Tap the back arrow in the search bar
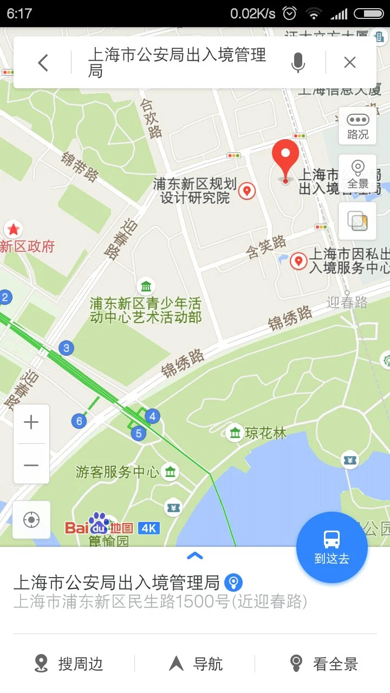[x=43, y=63]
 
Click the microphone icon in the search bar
[x=297, y=63]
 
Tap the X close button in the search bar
[x=350, y=63]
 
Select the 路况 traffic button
[x=357, y=126]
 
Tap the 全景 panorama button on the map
[x=357, y=174]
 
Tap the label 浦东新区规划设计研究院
[x=195, y=191]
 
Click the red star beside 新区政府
[x=13, y=230]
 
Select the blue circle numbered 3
[x=66, y=348]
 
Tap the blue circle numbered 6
[x=80, y=421]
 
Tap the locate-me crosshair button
[x=31, y=520]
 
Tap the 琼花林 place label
[x=265, y=433]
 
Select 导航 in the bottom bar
[x=197, y=664]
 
